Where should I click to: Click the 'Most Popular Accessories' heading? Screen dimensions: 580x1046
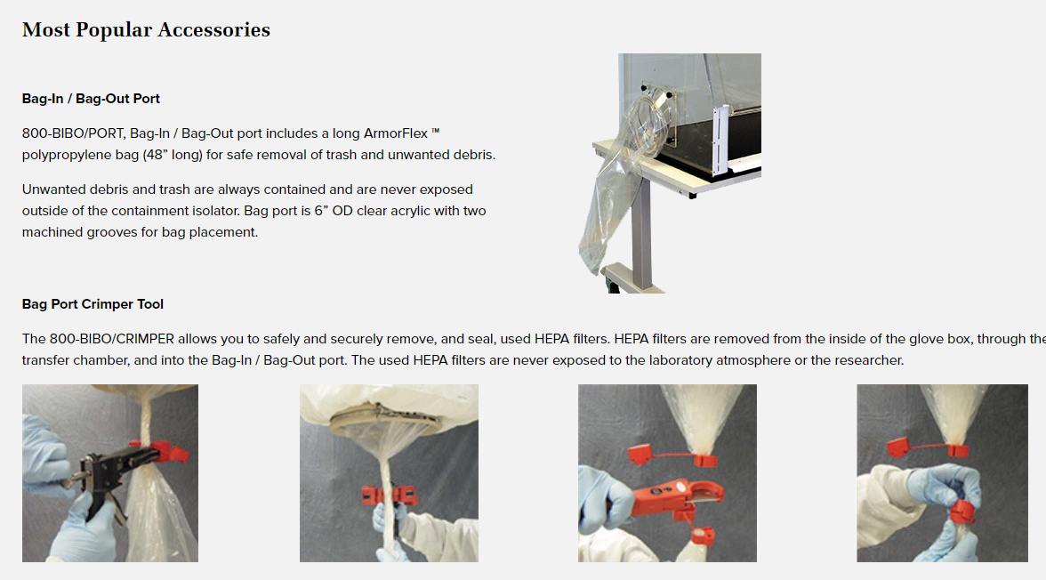pos(146,29)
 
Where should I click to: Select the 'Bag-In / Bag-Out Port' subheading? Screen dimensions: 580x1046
pos(91,99)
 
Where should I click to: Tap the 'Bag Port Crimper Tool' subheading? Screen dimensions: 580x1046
pos(93,304)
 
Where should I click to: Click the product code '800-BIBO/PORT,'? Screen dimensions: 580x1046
pos(74,133)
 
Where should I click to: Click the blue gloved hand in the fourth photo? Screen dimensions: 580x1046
pos(943,485)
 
